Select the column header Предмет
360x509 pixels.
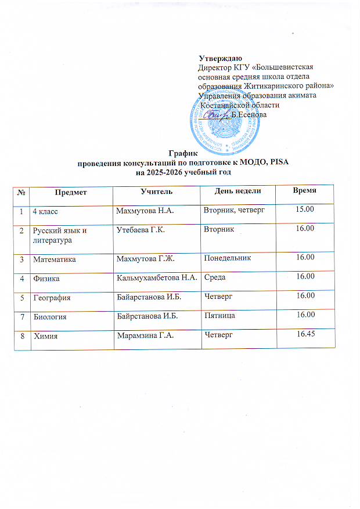pos(69,192)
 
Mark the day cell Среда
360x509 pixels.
pos(215,278)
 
